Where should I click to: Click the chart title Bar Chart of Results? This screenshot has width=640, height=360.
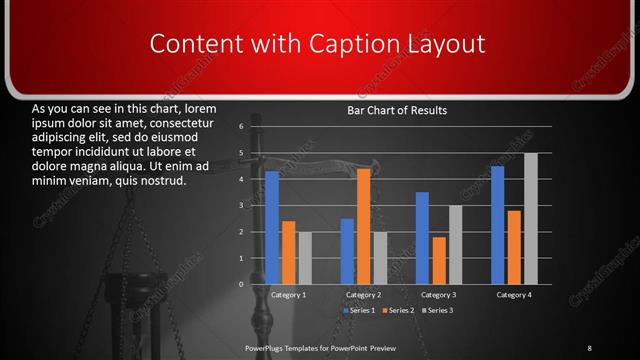(396, 110)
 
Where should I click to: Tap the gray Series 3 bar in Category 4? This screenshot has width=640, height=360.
(531, 219)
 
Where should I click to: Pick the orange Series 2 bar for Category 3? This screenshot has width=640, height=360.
(439, 260)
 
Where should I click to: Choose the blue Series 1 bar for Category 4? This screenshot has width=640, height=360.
(497, 225)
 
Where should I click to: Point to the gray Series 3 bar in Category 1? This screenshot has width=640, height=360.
(305, 258)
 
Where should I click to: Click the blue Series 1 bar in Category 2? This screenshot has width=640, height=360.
(347, 251)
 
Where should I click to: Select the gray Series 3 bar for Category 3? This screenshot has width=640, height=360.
(455, 245)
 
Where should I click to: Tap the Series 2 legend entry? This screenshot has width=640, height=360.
(398, 311)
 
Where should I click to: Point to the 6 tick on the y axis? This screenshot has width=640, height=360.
(241, 127)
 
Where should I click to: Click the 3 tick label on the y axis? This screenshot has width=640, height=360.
(241, 206)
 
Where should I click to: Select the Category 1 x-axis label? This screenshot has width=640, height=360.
(289, 295)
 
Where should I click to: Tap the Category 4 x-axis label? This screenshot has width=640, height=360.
(513, 295)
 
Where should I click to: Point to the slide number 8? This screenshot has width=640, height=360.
(589, 347)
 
